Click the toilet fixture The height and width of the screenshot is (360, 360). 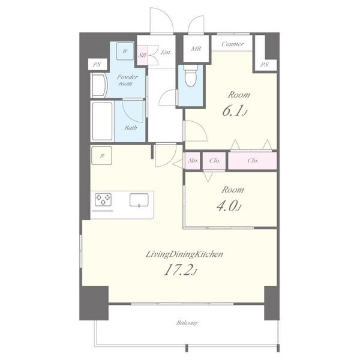tap(191, 75)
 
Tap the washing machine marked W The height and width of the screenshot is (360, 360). tap(125, 51)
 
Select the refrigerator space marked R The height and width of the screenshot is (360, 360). tap(102, 155)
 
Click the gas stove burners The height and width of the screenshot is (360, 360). tap(103, 200)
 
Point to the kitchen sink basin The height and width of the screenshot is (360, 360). tap(139, 200)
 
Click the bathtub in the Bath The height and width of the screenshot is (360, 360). tap(103, 121)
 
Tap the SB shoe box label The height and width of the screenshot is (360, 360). tap(142, 55)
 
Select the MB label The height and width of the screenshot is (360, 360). tap(196, 49)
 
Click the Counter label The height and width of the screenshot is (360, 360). tap(232, 44)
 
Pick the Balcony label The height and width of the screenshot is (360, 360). tap(187, 323)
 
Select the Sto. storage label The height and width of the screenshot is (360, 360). tap(193, 161)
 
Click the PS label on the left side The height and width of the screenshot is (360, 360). tap(97, 65)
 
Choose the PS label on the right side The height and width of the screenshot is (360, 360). tap(264, 65)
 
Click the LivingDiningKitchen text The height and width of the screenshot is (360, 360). tap(184, 254)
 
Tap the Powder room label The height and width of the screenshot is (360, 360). tap(127, 80)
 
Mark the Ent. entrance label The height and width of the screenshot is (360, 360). tap(166, 52)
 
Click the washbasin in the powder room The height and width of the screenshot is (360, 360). tap(99, 85)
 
